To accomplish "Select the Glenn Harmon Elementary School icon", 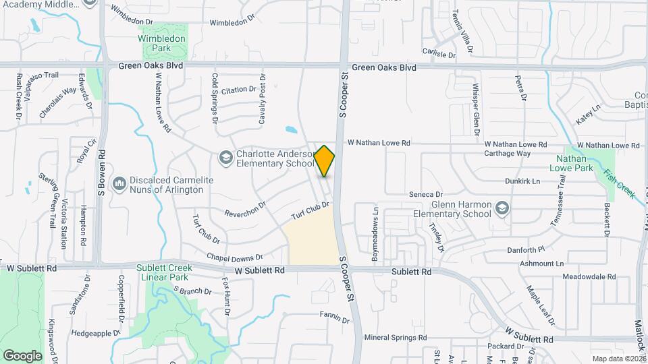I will (502, 208).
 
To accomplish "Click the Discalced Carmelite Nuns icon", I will (119, 183).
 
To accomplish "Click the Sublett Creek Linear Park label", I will (164, 272).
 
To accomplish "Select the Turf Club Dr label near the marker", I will (310, 210).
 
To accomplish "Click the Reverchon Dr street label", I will (245, 209).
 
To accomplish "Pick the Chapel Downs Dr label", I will (234, 257).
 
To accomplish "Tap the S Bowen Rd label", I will (103, 181).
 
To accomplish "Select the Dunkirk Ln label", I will (522, 181).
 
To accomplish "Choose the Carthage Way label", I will (507, 153).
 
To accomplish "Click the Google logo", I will (22, 355).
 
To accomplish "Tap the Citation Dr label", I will (239, 90).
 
